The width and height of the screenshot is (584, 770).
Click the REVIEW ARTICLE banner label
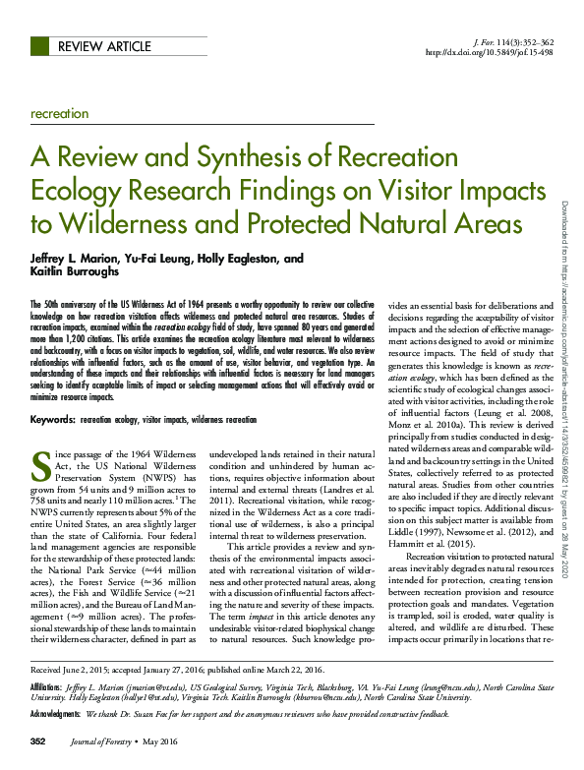point(104,46)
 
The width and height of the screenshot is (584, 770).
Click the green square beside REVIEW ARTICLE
point(39,46)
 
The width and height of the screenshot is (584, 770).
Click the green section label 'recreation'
point(60,114)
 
